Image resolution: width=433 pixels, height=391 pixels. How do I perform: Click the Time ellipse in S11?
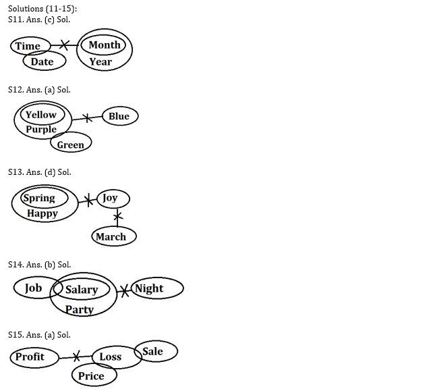(28, 46)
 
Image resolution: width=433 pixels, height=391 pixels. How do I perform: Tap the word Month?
(104, 45)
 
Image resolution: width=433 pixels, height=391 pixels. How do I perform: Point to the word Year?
(100, 61)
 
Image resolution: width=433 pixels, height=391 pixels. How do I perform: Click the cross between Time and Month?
(65, 45)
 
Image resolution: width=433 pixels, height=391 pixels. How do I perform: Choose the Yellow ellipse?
(40, 115)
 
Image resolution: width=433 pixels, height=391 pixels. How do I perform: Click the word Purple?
(41, 130)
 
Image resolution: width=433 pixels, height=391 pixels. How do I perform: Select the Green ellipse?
(70, 144)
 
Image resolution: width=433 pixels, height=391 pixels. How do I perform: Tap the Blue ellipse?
(119, 116)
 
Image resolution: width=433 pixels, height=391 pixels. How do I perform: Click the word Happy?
(42, 213)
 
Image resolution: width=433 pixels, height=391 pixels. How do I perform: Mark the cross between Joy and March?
(118, 217)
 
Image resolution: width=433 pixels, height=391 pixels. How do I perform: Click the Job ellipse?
(34, 288)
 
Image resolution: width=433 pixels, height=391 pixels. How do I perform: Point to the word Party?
(80, 310)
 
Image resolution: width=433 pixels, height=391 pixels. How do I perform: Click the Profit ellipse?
(31, 357)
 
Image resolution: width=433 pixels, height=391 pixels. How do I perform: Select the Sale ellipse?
(156, 351)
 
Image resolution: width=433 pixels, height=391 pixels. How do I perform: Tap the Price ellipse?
(91, 376)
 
